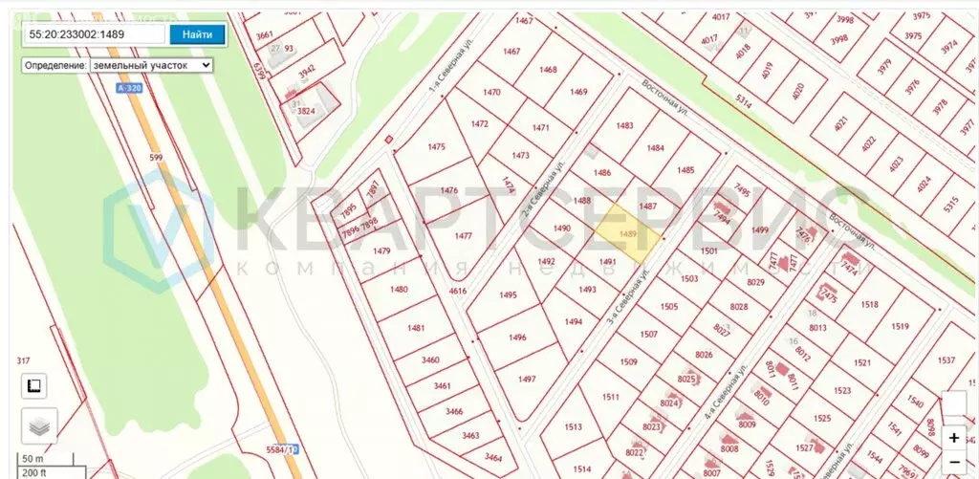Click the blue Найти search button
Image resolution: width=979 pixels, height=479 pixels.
click(x=198, y=34)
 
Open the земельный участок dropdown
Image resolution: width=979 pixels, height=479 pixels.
click(x=150, y=65)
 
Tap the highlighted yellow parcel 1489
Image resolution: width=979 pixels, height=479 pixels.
click(x=628, y=234)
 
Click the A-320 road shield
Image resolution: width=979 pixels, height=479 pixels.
click(x=126, y=88)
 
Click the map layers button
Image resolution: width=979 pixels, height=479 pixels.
click(x=39, y=426)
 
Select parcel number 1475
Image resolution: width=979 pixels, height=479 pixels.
click(x=437, y=146)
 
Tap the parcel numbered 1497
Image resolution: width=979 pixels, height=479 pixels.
click(x=527, y=379)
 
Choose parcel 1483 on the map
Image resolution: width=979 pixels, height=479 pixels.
click(x=625, y=126)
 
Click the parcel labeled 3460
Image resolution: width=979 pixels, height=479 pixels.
click(x=430, y=359)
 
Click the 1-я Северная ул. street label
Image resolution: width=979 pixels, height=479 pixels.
click(x=446, y=93)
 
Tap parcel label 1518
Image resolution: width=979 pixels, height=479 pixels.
click(x=869, y=304)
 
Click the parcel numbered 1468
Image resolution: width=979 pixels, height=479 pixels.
click(x=548, y=70)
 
